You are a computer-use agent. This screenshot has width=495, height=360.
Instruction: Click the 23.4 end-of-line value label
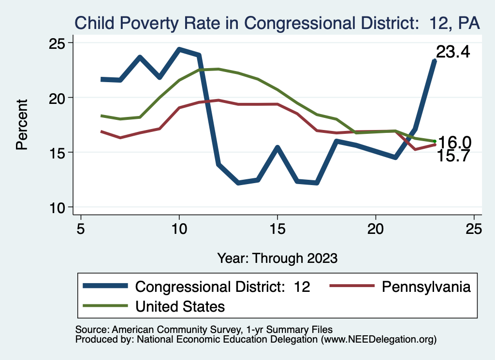coord(453,52)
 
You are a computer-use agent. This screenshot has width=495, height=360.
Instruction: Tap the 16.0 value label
coord(454,143)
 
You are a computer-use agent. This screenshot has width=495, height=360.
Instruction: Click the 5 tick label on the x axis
coord(81,229)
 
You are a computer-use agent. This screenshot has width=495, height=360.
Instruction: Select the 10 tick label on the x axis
coord(179,229)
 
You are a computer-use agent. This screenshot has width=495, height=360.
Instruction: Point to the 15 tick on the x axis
coord(277,229)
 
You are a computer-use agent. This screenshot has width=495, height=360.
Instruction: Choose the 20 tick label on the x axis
coord(376,229)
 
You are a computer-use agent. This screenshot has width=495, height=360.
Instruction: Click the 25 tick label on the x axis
coord(474,229)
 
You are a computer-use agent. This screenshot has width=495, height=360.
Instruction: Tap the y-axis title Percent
coord(22,125)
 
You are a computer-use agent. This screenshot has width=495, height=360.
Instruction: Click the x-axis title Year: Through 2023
coord(277,258)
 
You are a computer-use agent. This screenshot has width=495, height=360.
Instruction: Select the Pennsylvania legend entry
coord(426,287)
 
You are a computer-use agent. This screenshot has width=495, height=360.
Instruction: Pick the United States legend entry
coord(180,306)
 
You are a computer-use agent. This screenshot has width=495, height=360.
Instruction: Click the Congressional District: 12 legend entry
coord(222,287)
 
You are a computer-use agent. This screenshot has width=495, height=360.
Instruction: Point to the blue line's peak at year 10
coord(179,49)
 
